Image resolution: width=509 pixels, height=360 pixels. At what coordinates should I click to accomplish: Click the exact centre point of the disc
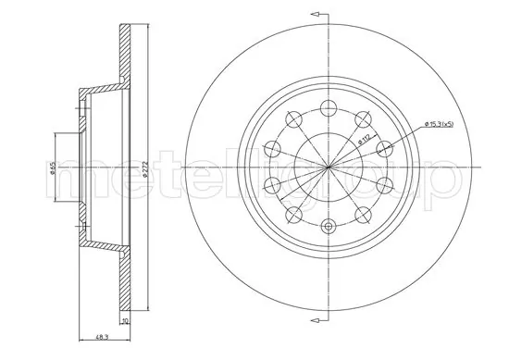[329, 167]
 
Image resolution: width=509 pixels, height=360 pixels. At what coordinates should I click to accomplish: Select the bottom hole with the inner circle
[329, 225]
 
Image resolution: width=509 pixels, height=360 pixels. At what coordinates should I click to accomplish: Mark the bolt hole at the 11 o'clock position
[294, 118]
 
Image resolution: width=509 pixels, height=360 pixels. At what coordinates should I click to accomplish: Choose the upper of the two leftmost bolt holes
[271, 147]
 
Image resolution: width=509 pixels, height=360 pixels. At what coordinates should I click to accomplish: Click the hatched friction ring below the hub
[125, 278]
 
